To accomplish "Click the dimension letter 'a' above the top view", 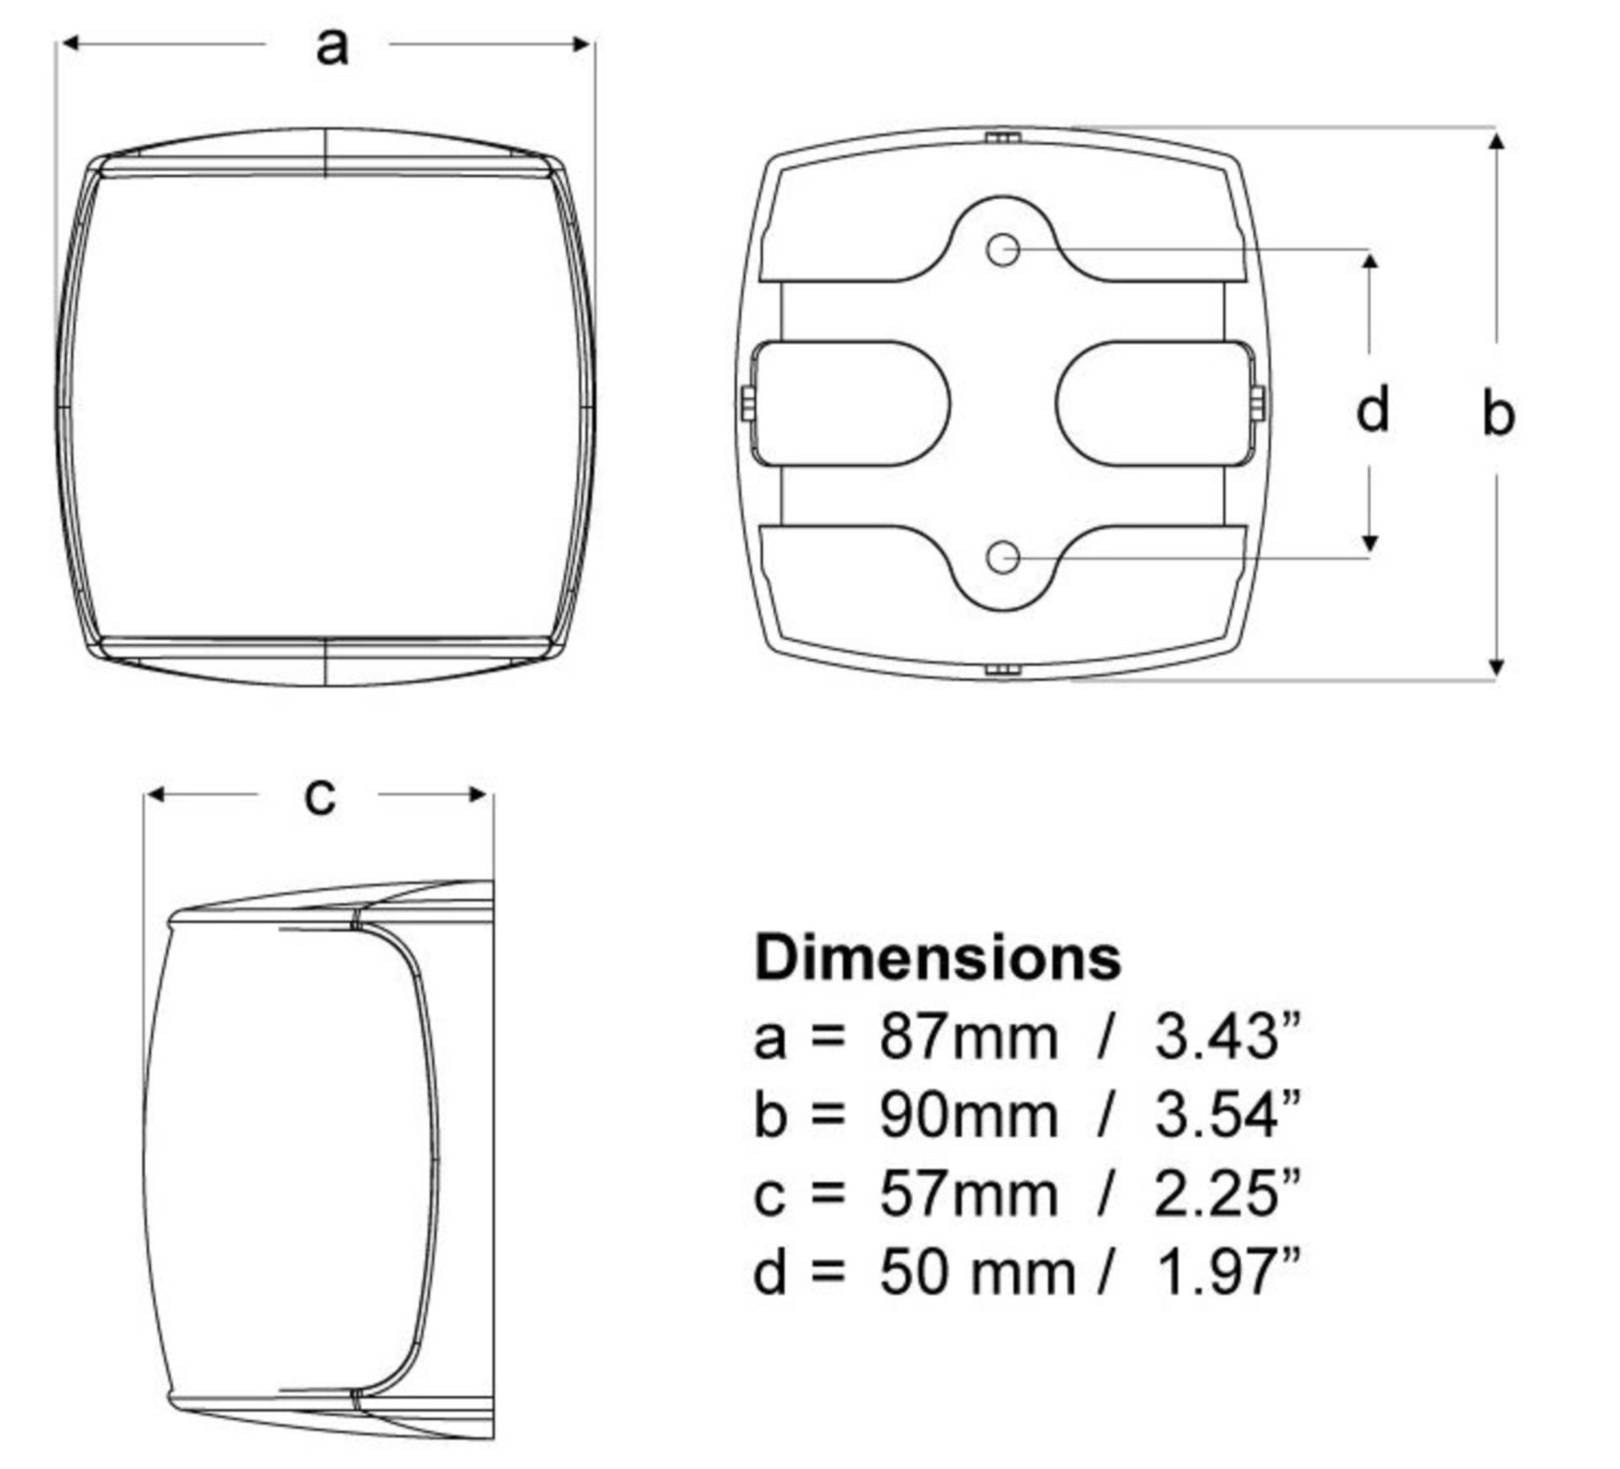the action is (x=332, y=46).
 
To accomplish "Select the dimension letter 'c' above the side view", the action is (x=320, y=796).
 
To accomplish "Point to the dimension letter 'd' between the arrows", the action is (x=1372, y=408).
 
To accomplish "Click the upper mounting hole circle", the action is (x=1002, y=250).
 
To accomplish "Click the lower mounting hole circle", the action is (x=1002, y=558).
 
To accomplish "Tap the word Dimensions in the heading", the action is (x=937, y=958).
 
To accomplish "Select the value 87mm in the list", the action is (x=969, y=1037).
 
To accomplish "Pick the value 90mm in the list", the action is (x=969, y=1115).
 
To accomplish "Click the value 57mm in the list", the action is (x=969, y=1194).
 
